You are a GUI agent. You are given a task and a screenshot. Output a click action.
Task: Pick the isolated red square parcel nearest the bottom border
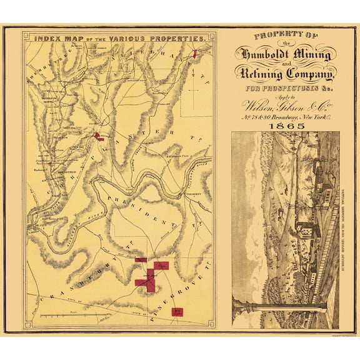[x=179, y=311]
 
